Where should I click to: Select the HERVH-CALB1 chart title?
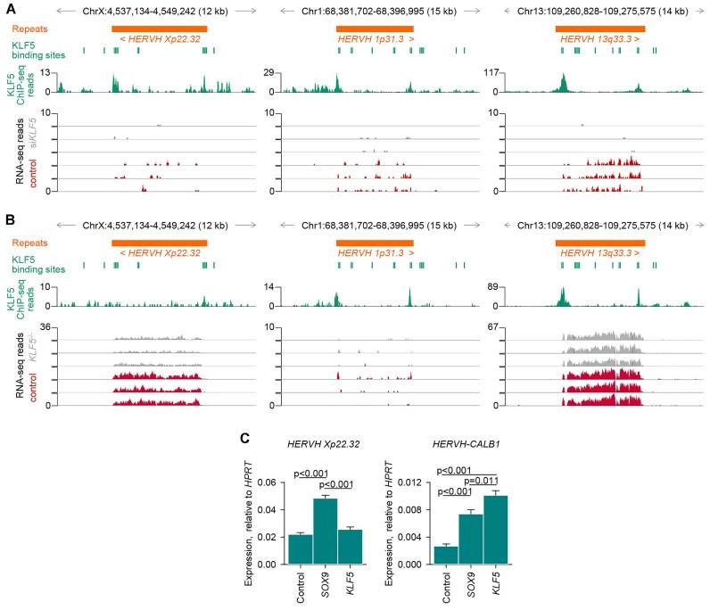tap(471, 445)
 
